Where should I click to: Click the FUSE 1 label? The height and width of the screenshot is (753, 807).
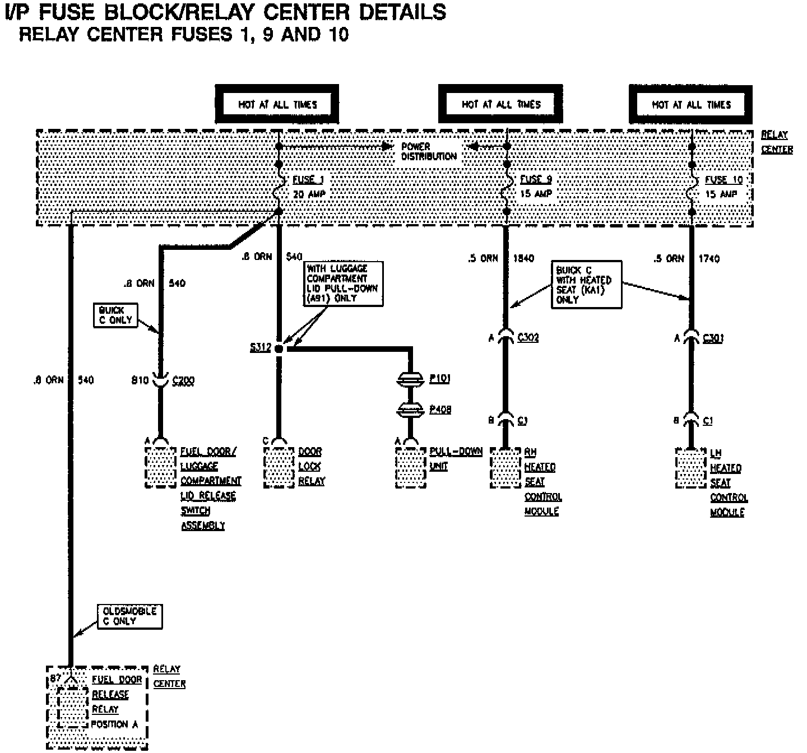click(x=308, y=180)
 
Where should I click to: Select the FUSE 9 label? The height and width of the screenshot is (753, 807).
click(x=536, y=179)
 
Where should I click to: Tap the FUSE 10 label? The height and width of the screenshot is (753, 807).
click(x=723, y=180)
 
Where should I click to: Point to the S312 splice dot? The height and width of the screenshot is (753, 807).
click(x=280, y=348)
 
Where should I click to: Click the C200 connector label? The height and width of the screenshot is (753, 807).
click(x=183, y=381)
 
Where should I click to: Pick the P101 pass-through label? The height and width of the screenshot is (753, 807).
click(x=440, y=379)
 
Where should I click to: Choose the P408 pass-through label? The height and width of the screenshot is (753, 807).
click(x=440, y=410)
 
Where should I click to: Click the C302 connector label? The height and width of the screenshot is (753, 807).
click(x=528, y=337)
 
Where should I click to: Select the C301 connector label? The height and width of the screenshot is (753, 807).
click(x=713, y=338)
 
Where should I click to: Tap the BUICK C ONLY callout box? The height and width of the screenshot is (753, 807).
click(x=115, y=315)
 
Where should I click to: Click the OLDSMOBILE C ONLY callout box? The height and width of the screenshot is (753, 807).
click(x=129, y=616)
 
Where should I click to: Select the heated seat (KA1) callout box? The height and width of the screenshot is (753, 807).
click(x=586, y=285)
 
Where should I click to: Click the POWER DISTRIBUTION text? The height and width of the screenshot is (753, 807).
click(x=429, y=151)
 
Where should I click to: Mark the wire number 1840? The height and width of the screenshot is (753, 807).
click(x=523, y=258)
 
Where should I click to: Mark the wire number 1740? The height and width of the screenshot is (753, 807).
click(x=709, y=258)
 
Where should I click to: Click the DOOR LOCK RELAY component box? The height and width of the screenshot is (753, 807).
click(x=279, y=468)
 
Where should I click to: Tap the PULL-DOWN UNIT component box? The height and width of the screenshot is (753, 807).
click(x=410, y=468)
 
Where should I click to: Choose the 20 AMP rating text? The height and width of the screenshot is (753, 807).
click(x=309, y=194)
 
